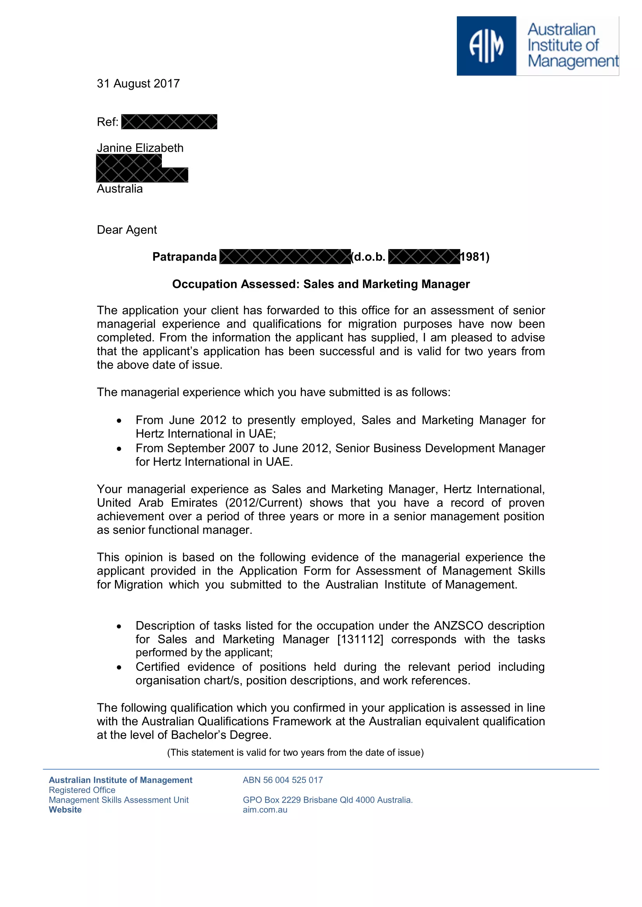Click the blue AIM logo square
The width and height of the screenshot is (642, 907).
[486, 46]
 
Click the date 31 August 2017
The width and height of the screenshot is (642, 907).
[138, 84]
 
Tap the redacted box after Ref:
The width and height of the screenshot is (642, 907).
[169, 122]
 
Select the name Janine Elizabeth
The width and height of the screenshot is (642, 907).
[141, 148]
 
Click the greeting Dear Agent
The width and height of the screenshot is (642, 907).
[127, 230]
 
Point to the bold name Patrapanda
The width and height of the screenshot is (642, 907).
[185, 257]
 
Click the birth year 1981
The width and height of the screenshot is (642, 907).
[474, 257]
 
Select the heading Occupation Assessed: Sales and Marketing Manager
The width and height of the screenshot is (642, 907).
[321, 284]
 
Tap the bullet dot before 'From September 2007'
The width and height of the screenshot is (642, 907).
[119, 449]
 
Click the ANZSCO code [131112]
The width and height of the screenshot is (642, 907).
[360, 640]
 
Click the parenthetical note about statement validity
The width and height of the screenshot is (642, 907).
[295, 753]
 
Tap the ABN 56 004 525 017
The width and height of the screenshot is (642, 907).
[283, 780]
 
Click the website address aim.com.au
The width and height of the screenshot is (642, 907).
[265, 810]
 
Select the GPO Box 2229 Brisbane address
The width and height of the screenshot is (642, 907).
[327, 800]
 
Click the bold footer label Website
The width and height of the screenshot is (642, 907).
[65, 810]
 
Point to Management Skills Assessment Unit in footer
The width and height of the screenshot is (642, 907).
[119, 800]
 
